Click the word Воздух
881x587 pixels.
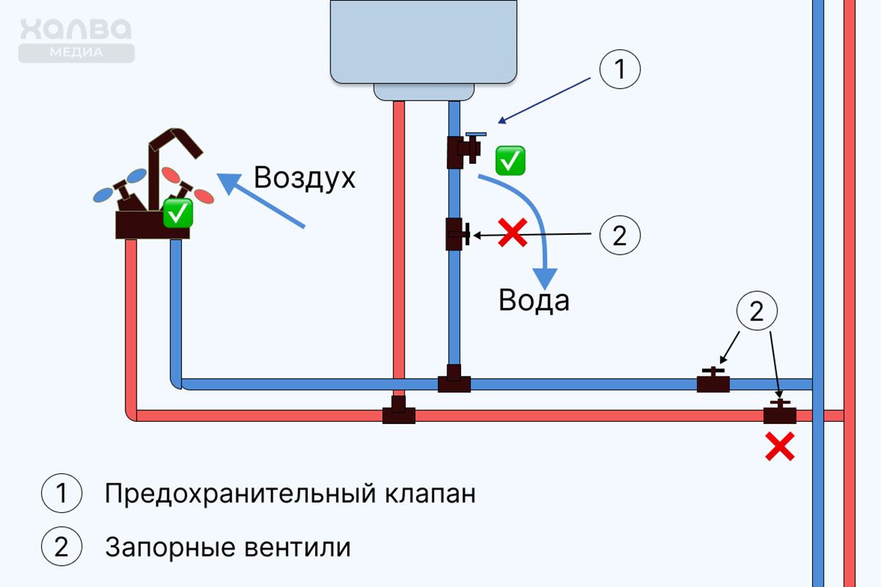[304, 178]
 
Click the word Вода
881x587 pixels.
[534, 300]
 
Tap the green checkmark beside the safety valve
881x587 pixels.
[510, 160]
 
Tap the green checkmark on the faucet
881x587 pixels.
[178, 213]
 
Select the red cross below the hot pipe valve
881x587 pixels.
[780, 446]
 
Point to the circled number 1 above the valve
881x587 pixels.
[620, 70]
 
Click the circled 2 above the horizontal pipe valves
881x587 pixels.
[757, 312]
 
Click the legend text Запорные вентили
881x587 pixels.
[228, 547]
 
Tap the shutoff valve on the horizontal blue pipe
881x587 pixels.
[713, 381]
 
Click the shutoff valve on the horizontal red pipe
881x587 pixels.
[780, 412]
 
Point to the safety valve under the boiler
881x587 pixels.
[463, 150]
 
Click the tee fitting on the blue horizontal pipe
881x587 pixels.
[454, 380]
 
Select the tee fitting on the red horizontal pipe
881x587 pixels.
[399, 412]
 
